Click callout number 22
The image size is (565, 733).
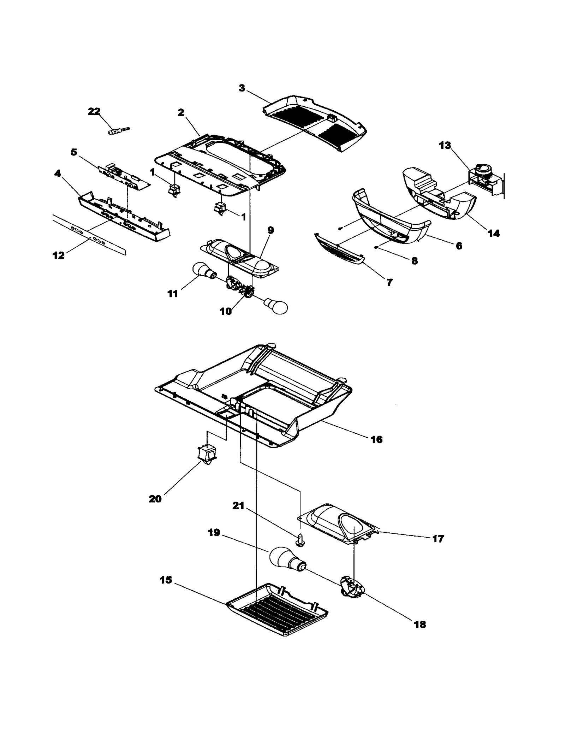point(94,111)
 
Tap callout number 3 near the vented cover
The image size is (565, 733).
point(242,88)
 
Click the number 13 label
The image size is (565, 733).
point(445,145)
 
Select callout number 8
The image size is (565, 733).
point(415,261)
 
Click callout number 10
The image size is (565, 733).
point(226,311)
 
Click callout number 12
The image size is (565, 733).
point(59,255)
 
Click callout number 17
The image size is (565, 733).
point(438,539)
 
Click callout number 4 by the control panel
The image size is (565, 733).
point(58,173)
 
